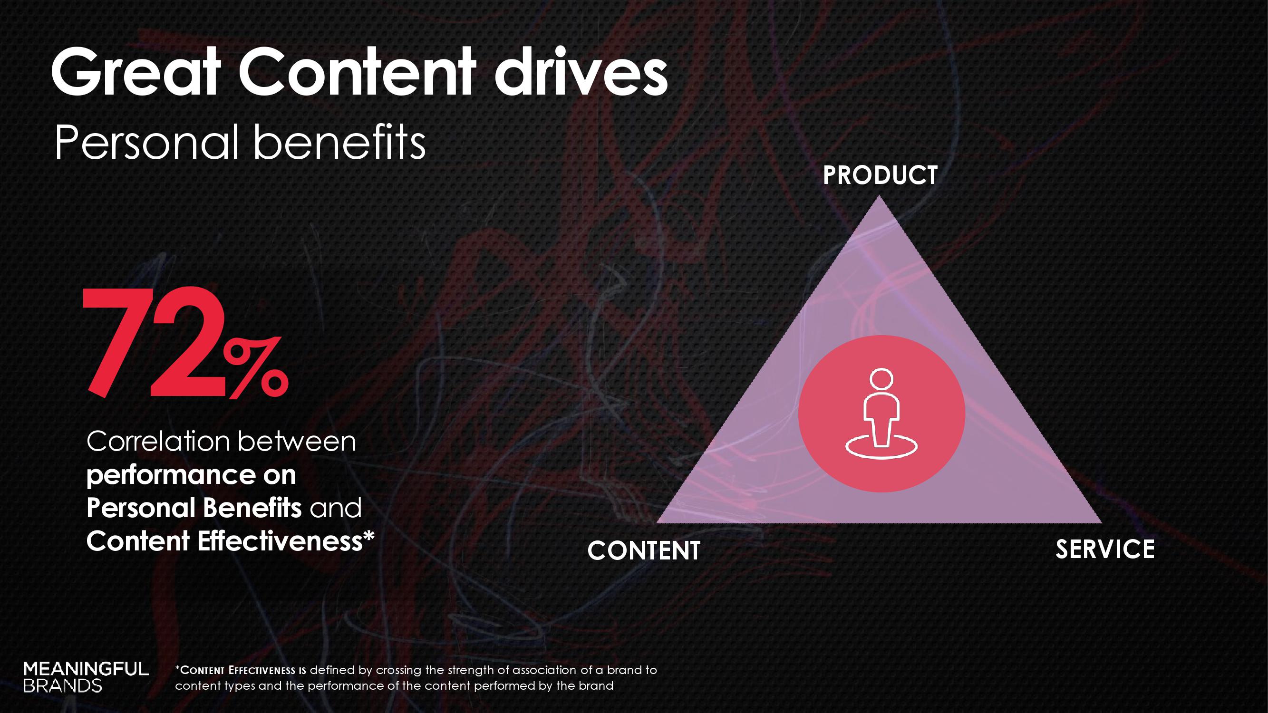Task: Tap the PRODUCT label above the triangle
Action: [x=880, y=175]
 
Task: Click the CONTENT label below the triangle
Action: [x=644, y=550]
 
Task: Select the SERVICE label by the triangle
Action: [x=1104, y=549]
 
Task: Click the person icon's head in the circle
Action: [x=881, y=379]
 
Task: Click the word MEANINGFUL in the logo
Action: [x=86, y=669]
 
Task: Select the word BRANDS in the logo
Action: [x=62, y=685]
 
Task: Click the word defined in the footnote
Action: [x=333, y=670]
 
